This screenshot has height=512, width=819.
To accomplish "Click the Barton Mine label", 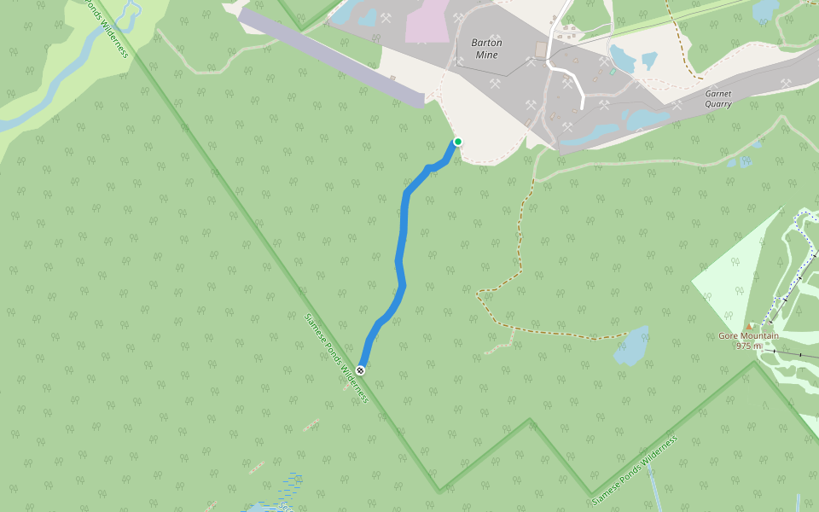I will (x=486, y=49).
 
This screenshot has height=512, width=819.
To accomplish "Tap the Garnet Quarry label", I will (x=718, y=99).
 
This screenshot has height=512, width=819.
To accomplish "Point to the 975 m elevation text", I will (x=748, y=346).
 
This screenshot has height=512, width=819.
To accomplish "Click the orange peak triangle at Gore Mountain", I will (x=749, y=326).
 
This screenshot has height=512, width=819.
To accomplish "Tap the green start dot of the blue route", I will (x=458, y=142).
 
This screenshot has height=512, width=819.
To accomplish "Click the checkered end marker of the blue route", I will (x=361, y=369).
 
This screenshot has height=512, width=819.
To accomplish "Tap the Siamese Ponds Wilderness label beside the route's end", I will (x=336, y=358).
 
